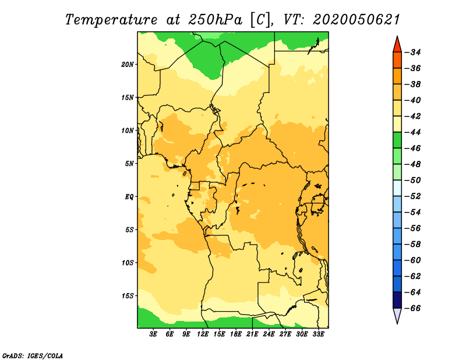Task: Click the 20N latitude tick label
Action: coord(127,65)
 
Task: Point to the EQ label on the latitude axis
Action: coord(129,197)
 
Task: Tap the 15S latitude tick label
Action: coord(127,296)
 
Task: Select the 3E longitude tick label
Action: coord(153,334)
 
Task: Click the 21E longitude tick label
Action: coord(252,334)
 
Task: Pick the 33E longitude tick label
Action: coord(318,334)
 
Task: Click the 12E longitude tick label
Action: coord(202,334)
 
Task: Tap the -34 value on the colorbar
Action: coord(413,52)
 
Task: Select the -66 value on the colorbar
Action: coord(413,308)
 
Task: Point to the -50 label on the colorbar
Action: coord(413,180)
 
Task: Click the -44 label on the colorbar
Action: coord(413,132)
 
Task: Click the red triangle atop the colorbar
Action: coord(397,45)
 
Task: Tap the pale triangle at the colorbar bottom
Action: coord(397,315)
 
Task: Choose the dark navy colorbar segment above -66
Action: coord(397,300)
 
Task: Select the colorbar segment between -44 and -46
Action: coord(397,140)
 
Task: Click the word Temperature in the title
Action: coord(111,20)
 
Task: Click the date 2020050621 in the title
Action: coord(356,20)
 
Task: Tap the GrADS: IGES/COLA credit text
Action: coord(33,355)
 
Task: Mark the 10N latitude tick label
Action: coord(127,130)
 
